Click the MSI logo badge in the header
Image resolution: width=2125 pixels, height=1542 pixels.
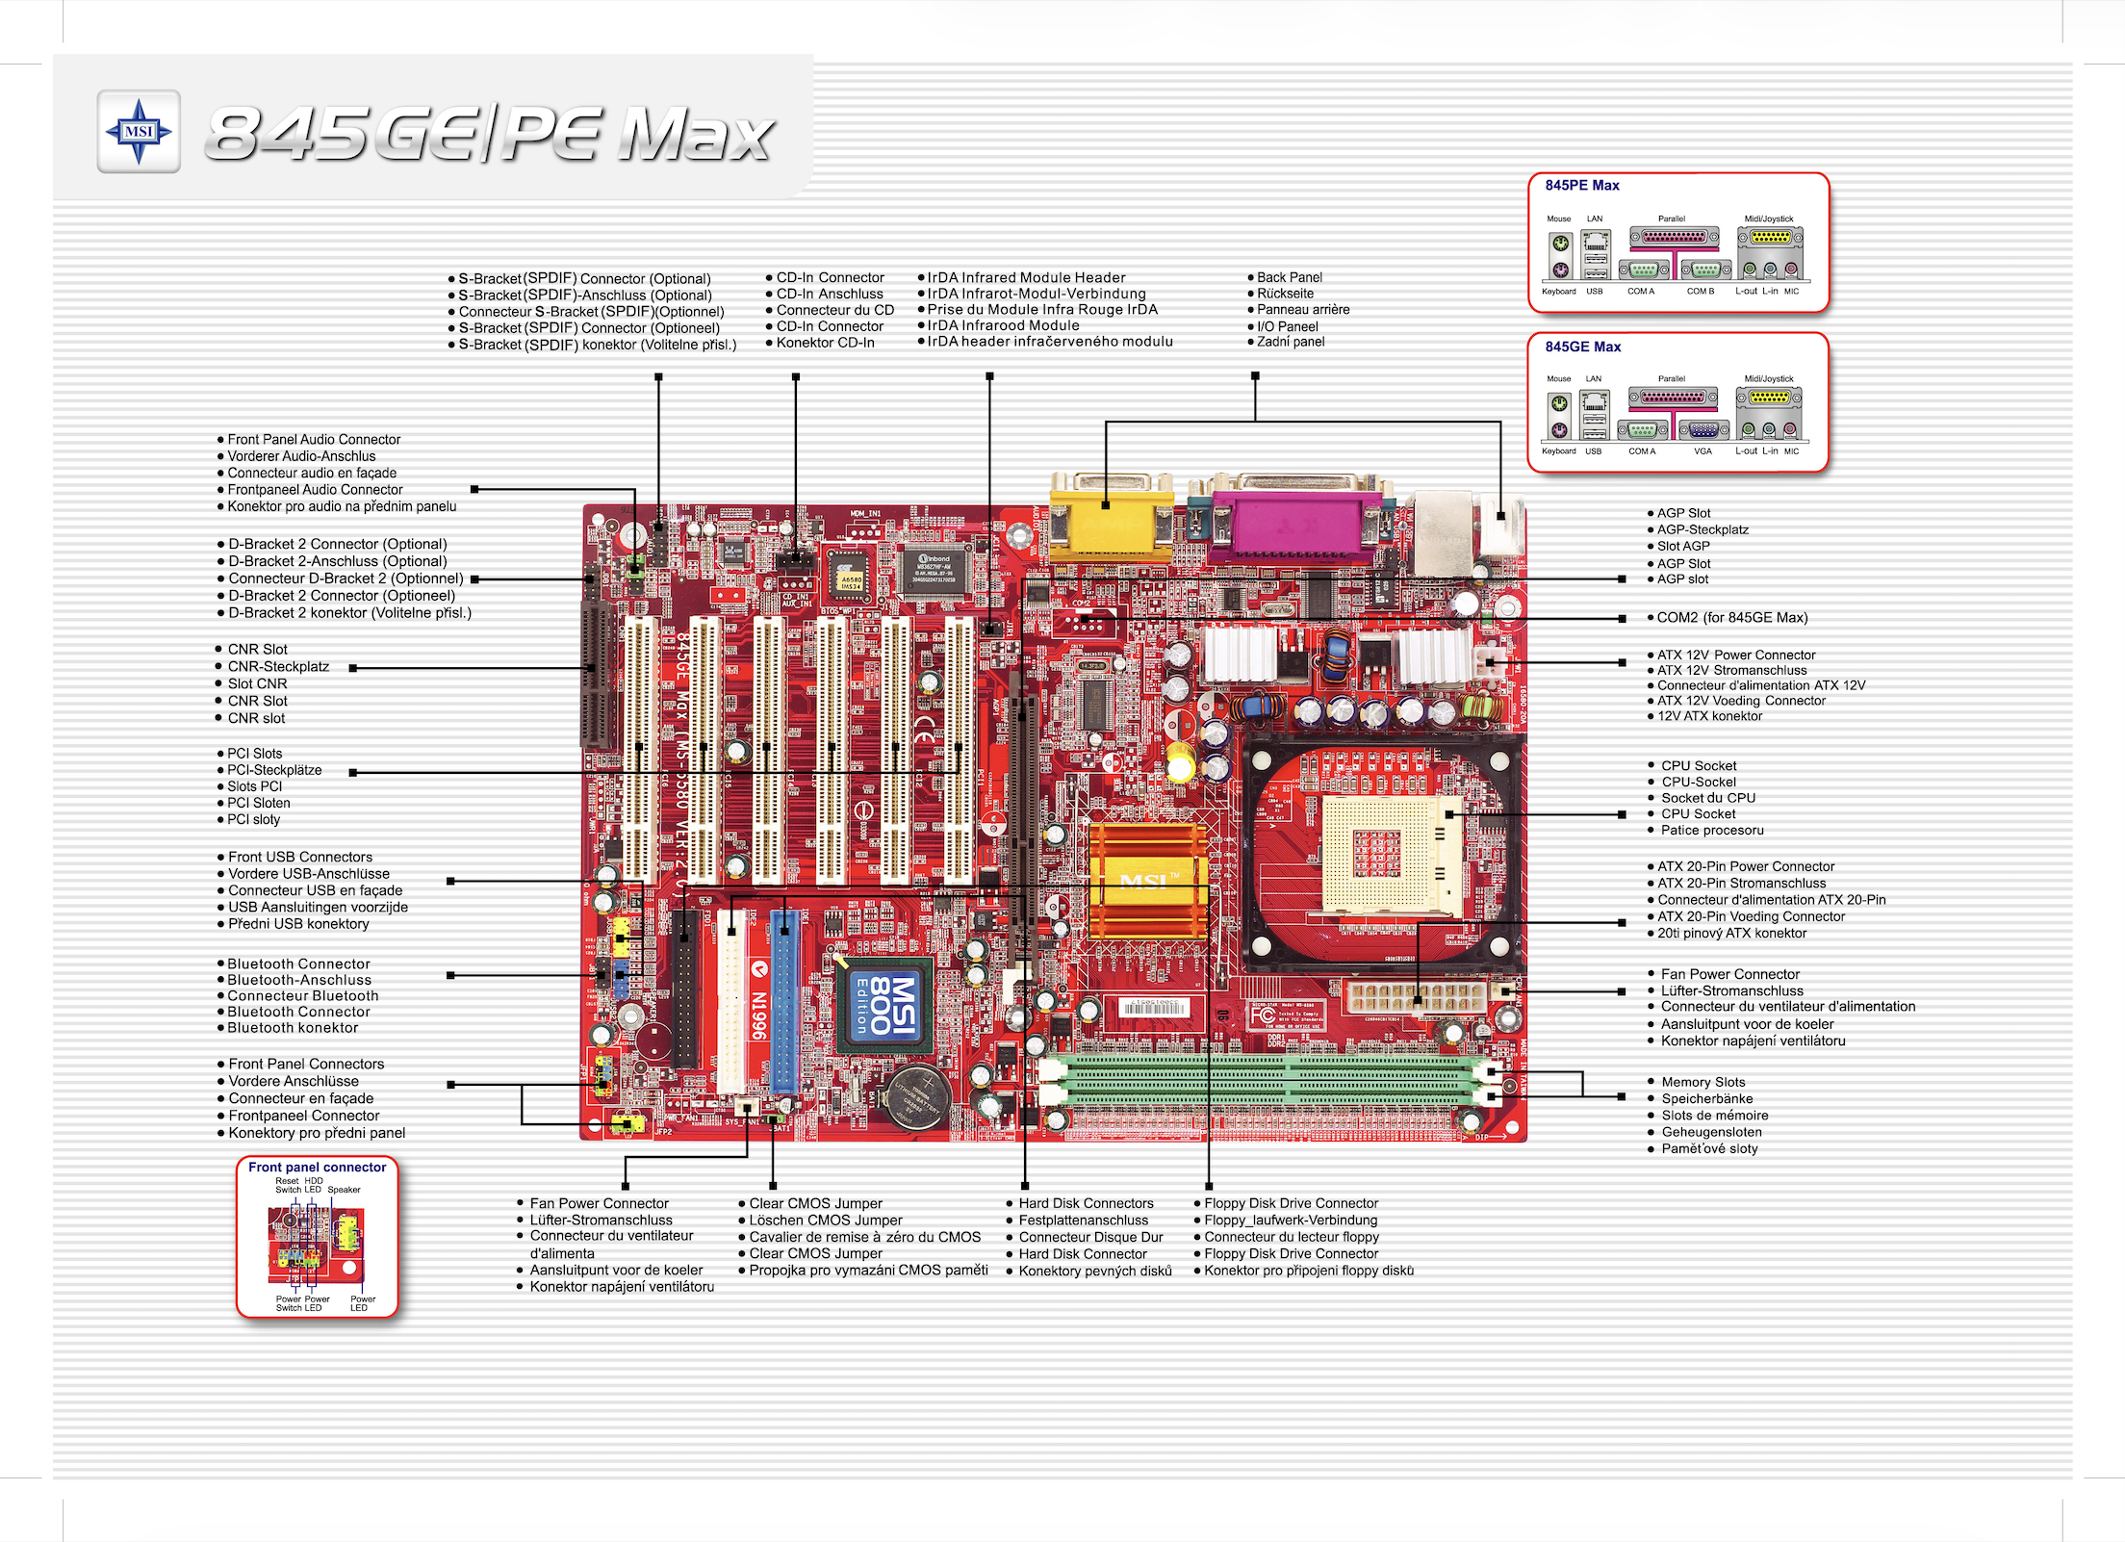pyautogui.click(x=139, y=132)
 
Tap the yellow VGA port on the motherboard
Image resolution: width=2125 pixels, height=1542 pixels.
pyautogui.click(x=1110, y=520)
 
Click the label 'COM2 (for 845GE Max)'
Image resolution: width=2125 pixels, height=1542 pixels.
pyautogui.click(x=1731, y=618)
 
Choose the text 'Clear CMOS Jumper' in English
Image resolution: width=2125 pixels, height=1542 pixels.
pyautogui.click(x=815, y=1203)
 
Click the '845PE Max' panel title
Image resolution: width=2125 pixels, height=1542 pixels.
pyautogui.click(x=1582, y=186)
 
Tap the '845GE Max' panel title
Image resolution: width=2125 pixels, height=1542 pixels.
pyautogui.click(x=1583, y=347)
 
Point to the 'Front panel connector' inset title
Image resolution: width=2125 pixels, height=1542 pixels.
pyautogui.click(x=317, y=1167)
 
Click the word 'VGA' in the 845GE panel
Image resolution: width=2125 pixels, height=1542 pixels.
pyautogui.click(x=1703, y=451)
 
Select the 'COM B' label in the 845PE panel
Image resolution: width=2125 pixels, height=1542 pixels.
pyautogui.click(x=1700, y=292)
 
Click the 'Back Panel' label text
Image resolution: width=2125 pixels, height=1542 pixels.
pyautogui.click(x=1290, y=277)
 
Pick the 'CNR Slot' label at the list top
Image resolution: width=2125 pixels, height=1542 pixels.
pyautogui.click(x=257, y=650)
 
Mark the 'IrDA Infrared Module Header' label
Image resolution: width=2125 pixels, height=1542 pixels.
pyautogui.click(x=1026, y=277)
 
